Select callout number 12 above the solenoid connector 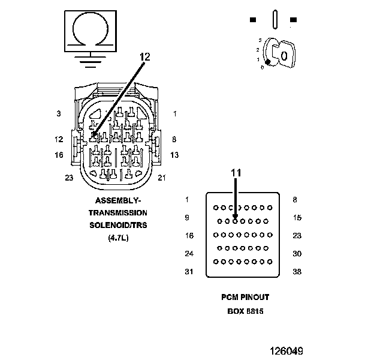click(144, 57)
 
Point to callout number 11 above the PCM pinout click(236, 173)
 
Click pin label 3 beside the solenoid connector click(59, 113)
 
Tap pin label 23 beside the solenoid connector click(69, 177)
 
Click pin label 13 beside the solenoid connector click(174, 155)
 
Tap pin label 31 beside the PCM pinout click(189, 271)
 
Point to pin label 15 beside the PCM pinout click(297, 218)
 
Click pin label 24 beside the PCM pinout click(189, 254)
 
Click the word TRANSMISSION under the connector click(118, 213)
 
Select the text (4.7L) click(118, 238)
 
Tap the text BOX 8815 click(246, 311)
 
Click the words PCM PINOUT click(246, 298)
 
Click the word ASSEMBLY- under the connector click(118, 200)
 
